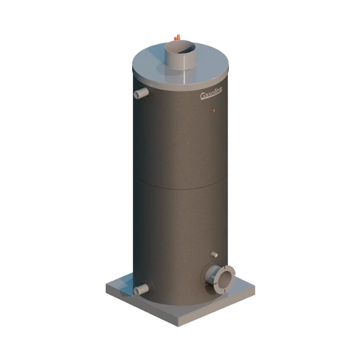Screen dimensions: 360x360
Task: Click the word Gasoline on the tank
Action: (211, 94)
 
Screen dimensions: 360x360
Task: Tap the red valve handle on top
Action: (175, 38)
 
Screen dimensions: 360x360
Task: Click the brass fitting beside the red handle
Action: (178, 37)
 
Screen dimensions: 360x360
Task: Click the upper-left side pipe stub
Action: (141, 93)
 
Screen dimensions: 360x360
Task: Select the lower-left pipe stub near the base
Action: (141, 289)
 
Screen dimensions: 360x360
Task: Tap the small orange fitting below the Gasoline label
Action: (213, 111)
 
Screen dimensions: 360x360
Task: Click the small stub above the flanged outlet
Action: (214, 255)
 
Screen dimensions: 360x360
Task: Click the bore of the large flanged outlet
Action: (225, 279)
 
